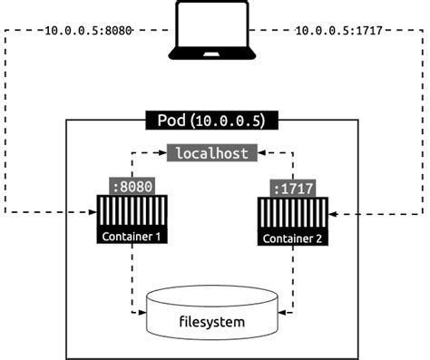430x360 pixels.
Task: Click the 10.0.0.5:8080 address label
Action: [x=88, y=31]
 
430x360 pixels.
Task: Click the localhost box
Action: [x=210, y=153]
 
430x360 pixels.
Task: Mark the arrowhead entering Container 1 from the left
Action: [x=93, y=214]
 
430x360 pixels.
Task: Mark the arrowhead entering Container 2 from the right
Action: [x=332, y=215]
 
